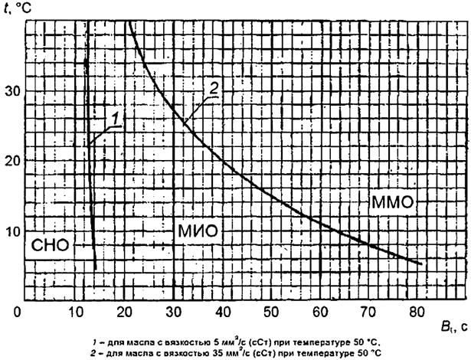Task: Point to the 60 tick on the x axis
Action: pyautogui.click(x=320, y=313)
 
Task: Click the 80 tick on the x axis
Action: pyautogui.click(x=417, y=313)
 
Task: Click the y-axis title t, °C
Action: pyautogui.click(x=17, y=9)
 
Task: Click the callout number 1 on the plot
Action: pyautogui.click(x=115, y=119)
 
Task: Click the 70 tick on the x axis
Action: pyautogui.click(x=368, y=313)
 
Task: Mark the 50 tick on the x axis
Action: pyautogui.click(x=271, y=313)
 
